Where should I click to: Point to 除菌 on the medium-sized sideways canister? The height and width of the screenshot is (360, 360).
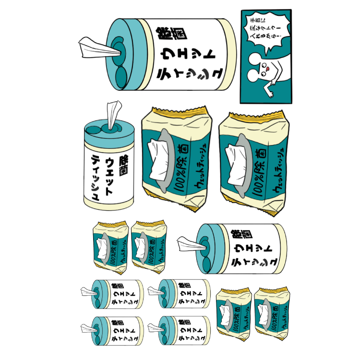click(x=236, y=235)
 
